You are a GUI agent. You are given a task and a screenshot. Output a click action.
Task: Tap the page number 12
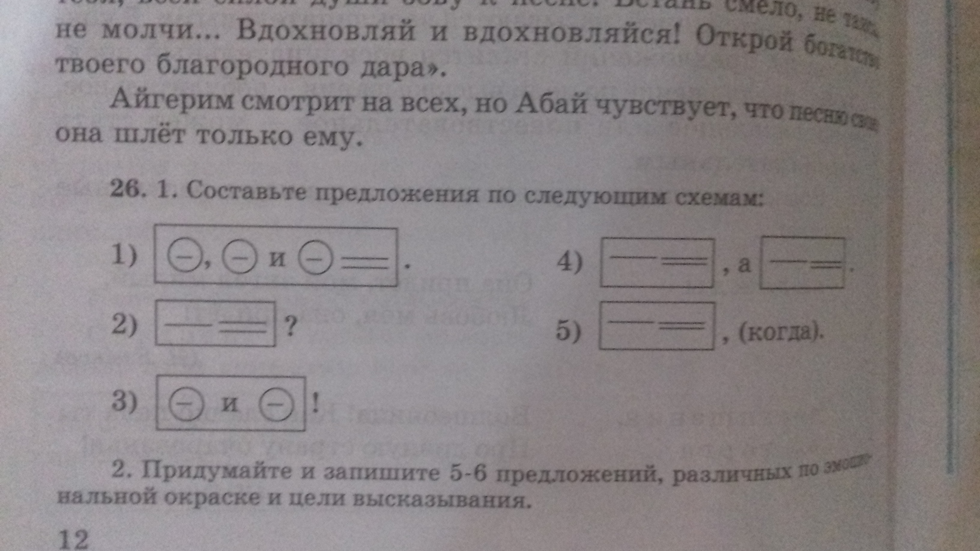[72, 538]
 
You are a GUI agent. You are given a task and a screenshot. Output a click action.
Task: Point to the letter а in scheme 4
[744, 265]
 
